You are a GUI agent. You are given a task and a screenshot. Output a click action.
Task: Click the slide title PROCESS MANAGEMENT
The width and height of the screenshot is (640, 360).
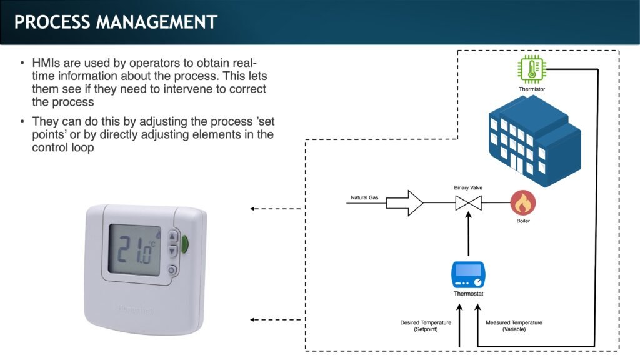click(x=116, y=22)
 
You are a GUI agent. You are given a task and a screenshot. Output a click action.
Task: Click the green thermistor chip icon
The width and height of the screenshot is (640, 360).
click(x=532, y=69)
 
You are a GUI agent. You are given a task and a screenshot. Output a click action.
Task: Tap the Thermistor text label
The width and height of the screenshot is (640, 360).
click(x=532, y=89)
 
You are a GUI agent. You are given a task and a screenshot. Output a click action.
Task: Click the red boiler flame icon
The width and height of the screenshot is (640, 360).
click(x=523, y=203)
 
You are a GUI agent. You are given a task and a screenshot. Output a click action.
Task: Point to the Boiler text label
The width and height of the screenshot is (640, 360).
click(x=523, y=221)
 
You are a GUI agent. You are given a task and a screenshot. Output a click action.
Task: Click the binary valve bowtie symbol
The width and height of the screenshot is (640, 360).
click(x=468, y=203)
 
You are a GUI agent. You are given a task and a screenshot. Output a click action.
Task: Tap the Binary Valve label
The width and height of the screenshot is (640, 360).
click(x=468, y=187)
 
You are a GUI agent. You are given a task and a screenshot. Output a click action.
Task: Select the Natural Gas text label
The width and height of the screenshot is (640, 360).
click(x=364, y=198)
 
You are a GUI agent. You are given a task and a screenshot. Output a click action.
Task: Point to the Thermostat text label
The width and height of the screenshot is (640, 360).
click(x=468, y=294)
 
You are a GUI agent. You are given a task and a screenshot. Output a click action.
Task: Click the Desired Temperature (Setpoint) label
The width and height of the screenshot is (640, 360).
click(x=426, y=326)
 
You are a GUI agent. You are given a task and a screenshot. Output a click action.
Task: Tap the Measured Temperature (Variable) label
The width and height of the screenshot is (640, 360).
click(x=514, y=326)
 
